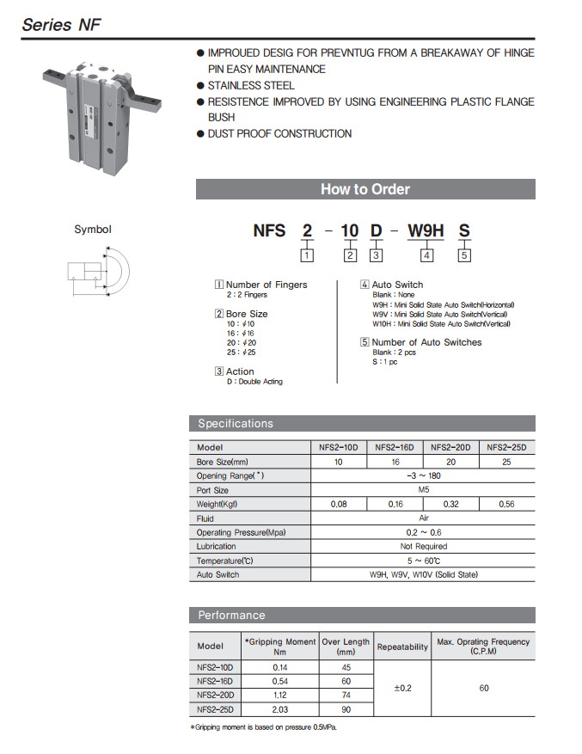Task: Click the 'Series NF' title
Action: coord(61,24)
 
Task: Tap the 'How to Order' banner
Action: coord(365,189)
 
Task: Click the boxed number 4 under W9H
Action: coord(427,254)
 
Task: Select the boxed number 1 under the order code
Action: coord(307,254)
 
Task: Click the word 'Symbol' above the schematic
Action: coord(93,230)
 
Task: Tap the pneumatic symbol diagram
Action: coord(97,274)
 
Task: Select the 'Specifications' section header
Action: coord(236,423)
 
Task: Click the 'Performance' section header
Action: coord(231,615)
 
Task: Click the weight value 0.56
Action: coord(505,504)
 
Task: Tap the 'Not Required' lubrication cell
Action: coord(423,546)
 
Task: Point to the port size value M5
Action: coord(423,490)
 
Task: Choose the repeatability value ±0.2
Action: coord(402,688)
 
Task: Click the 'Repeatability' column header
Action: coord(402,646)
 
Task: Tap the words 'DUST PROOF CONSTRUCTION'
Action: coord(279,133)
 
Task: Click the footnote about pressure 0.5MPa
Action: coord(263,727)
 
